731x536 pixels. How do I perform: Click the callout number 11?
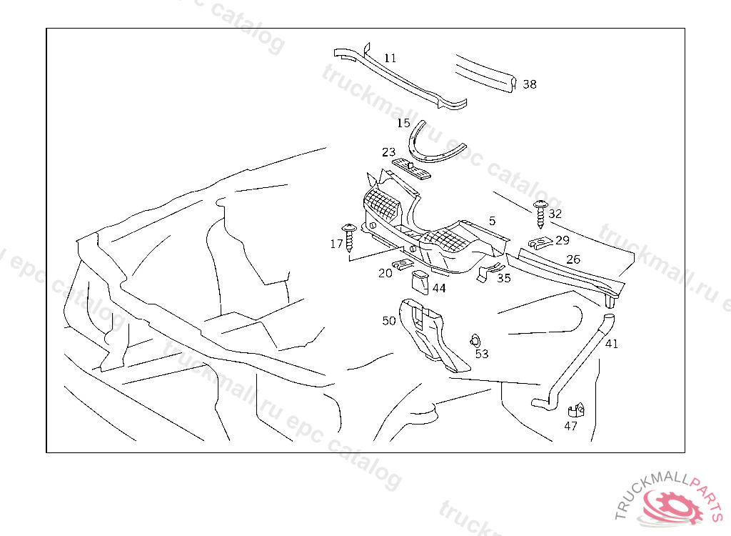pos(390,58)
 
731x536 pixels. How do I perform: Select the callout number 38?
pos(529,84)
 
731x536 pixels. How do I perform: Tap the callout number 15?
pos(404,124)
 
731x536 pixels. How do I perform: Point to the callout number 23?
pos(388,152)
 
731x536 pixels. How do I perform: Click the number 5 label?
pos(492,221)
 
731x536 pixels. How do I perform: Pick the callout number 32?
pos(555,214)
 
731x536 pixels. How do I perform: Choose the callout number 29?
pos(563,240)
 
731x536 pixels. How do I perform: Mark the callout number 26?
pos(573,259)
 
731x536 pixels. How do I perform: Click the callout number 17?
pos(336,244)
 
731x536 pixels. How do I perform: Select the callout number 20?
pos(385,273)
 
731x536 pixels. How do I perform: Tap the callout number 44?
pos(439,288)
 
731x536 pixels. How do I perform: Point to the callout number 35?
pos(504,279)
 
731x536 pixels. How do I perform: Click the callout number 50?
pos(389,321)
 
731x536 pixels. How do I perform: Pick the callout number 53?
pos(482,354)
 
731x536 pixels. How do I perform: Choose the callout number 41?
pos(612,344)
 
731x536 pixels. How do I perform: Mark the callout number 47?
pos(570,427)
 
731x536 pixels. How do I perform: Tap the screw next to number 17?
pos(350,237)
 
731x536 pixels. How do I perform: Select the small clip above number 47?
pos(576,411)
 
